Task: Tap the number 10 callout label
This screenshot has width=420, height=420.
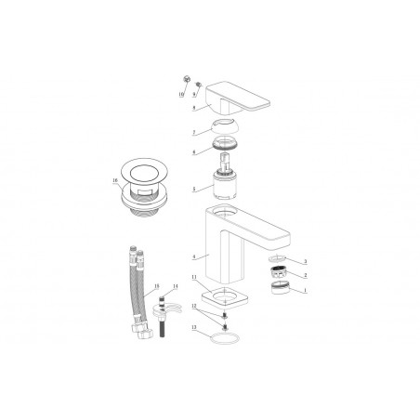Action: click(180, 95)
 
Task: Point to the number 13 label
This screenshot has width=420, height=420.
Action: click(192, 328)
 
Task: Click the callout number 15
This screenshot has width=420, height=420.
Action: click(156, 285)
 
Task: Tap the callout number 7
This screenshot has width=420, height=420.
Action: click(193, 133)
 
